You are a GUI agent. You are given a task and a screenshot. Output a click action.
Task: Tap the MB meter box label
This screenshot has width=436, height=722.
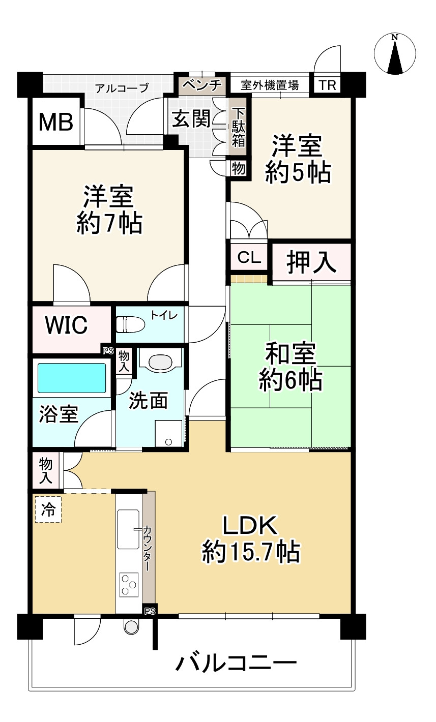click(55, 123)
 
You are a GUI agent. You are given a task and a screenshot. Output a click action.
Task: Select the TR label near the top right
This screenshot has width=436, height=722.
click(328, 85)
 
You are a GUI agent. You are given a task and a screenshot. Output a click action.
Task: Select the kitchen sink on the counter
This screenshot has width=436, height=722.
click(128, 529)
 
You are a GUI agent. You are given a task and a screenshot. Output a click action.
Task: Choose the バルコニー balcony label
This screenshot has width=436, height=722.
click(236, 664)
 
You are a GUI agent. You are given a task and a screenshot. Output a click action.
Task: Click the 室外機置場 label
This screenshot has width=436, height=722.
click(269, 85)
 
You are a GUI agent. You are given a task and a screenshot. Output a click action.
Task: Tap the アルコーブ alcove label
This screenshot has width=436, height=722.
click(122, 87)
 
